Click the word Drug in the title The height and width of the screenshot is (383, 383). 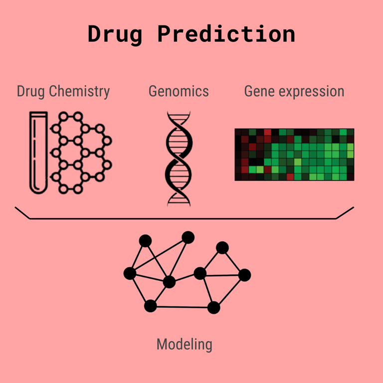tap(115, 35)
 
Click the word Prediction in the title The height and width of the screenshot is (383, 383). tap(226, 34)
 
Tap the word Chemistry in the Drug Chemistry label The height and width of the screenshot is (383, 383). tap(79, 92)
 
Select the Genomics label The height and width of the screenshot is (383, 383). tap(179, 92)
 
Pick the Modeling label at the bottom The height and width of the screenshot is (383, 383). tap(185, 345)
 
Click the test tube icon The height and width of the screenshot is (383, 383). tap(38, 153)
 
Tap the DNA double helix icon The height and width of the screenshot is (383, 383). tap(179, 159)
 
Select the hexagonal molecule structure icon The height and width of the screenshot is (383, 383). tap(81, 153)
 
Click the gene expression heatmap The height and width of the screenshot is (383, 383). tap(294, 155)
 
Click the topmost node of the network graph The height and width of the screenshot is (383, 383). tap(188, 237)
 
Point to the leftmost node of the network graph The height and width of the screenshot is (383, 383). tap(130, 273)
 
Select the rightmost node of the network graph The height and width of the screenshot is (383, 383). tap(244, 275)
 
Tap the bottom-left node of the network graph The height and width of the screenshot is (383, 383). tap(151, 306)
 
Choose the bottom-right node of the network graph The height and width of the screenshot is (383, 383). tap(214, 308)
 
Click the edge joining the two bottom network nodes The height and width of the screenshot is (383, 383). tap(182, 307)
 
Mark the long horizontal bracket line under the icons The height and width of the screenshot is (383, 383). tap(183, 218)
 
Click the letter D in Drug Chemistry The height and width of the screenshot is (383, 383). tap(21, 91)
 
